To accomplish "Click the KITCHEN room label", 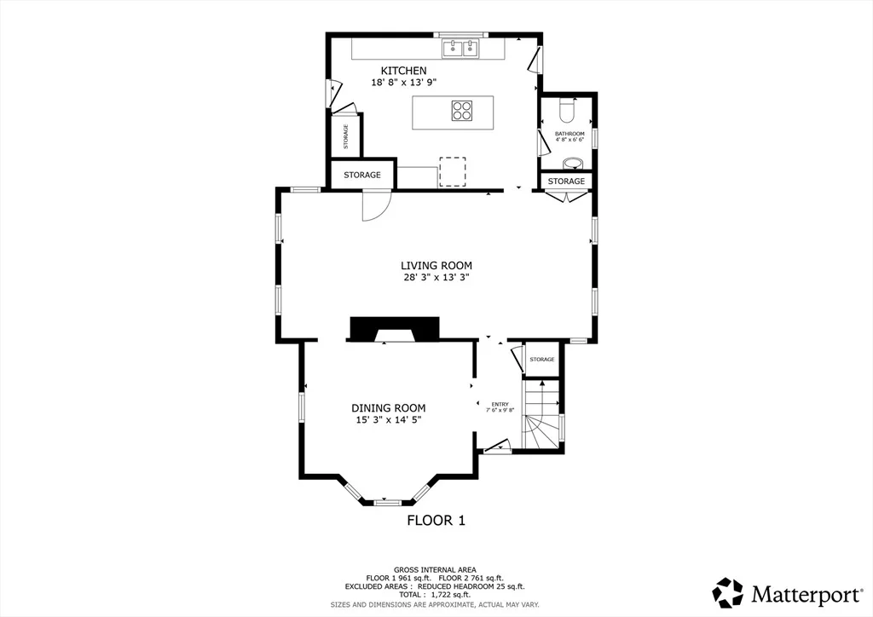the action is (403, 71).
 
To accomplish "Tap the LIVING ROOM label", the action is (436, 266).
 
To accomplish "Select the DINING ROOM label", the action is (388, 408).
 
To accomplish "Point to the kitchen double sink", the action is (461, 49).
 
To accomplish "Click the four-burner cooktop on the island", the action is (462, 110).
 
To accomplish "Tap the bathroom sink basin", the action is (572, 164).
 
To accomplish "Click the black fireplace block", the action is (394, 329).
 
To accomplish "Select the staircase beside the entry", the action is (541, 414).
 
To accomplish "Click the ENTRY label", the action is (500, 405).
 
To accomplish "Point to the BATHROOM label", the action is (569, 134).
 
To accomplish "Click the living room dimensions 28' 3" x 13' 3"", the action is (436, 277).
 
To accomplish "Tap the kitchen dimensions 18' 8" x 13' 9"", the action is (403, 83).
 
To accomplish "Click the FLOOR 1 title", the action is (436, 520).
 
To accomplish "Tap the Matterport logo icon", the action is (728, 593).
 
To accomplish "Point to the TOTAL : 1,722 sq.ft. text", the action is (435, 595).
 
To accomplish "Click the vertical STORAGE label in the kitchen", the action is (346, 136).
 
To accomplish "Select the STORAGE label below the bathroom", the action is (566, 182).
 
